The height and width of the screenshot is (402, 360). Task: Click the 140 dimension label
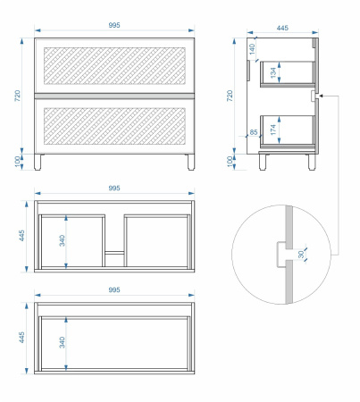click(x=252, y=49)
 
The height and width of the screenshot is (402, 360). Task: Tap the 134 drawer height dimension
click(x=273, y=73)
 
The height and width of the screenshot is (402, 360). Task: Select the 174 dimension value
click(x=273, y=130)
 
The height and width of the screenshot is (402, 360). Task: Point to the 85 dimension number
click(x=254, y=132)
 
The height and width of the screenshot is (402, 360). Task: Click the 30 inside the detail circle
click(x=301, y=255)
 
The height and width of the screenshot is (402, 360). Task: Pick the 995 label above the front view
click(x=114, y=25)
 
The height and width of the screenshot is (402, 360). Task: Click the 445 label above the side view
click(x=282, y=28)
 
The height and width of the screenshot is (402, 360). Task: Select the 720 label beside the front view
click(x=18, y=96)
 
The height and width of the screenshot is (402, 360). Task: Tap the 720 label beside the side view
click(x=230, y=96)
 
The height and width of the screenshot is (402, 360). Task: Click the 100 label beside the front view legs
click(x=18, y=162)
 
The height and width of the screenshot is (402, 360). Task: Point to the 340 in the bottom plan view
click(x=62, y=342)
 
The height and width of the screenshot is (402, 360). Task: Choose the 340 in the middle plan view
click(x=62, y=240)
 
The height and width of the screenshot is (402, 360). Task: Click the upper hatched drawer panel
click(x=114, y=65)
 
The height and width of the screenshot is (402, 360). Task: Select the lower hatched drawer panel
click(x=114, y=126)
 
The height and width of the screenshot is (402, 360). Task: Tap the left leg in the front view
click(x=38, y=162)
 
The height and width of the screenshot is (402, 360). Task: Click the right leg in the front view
click(x=191, y=162)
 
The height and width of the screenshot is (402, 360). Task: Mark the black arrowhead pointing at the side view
click(x=321, y=96)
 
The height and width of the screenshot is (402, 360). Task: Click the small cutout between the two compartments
click(x=114, y=259)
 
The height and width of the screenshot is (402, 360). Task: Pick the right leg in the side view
click(x=312, y=162)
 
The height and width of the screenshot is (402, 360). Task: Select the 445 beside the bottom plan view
click(x=21, y=338)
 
